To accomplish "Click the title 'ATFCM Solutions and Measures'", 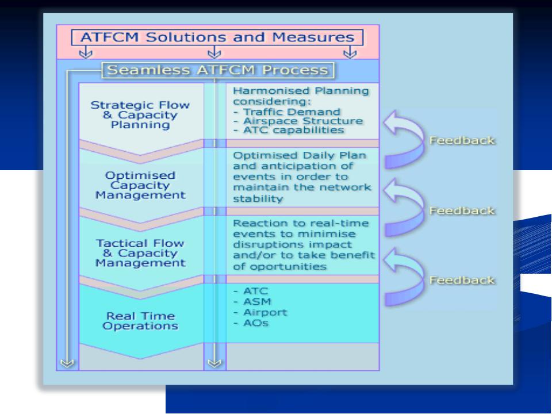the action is tap(217, 37).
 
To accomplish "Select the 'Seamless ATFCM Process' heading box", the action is tap(218, 70).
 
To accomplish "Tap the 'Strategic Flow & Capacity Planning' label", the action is tap(140, 115).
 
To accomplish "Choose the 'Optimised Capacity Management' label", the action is tap(140, 185).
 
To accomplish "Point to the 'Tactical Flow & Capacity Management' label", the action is tap(140, 253).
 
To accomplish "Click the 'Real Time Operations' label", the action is tap(140, 321).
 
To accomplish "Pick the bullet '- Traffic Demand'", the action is tap(287, 112).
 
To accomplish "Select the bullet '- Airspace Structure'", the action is tap(298, 121).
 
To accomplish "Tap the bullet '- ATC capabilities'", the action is tap(289, 131).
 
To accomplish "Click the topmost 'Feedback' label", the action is tap(462, 140).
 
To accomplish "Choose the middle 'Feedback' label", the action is tap(462, 210).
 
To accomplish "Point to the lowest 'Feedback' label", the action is tap(462, 280).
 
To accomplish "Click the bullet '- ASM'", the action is tap(252, 302).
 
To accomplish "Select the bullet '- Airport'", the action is tap(260, 312).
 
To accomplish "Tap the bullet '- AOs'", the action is tap(251, 323).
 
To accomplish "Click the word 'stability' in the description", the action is tap(258, 198).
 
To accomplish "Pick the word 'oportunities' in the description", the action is tap(280, 266).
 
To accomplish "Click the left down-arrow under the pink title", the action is tap(86, 52).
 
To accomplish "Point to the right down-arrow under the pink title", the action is tap(350, 52).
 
